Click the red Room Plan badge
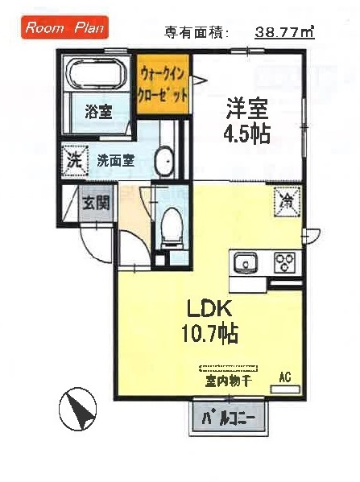[64, 27]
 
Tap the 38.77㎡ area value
[284, 31]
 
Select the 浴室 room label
[98, 112]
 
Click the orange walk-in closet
[163, 84]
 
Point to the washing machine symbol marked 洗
[75, 160]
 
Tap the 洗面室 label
[115, 160]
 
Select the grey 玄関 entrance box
[96, 203]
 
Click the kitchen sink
[245, 262]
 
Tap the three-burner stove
[284, 262]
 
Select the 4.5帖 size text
[247, 134]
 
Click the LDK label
[210, 310]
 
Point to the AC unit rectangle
[285, 389]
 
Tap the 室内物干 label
[229, 381]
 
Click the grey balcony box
[229, 418]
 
